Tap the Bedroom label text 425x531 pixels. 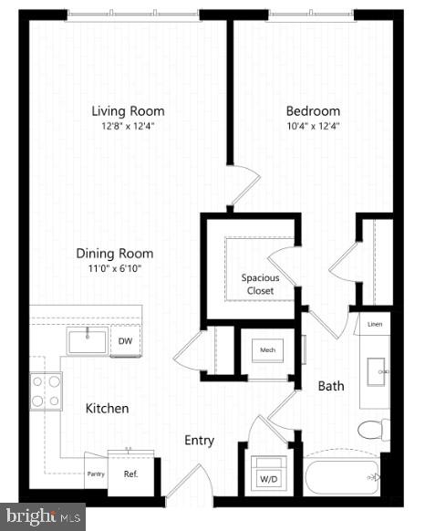click(x=313, y=111)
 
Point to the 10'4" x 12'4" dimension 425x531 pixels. click(x=313, y=127)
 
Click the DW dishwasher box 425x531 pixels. click(x=125, y=341)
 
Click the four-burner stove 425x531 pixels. click(x=47, y=390)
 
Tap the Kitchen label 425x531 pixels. click(x=108, y=409)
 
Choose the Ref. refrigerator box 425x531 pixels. click(x=130, y=474)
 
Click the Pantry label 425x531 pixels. click(x=95, y=474)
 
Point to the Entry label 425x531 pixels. click(x=199, y=441)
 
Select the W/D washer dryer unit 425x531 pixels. click(x=269, y=475)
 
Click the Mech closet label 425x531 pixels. click(x=267, y=349)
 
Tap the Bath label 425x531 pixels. click(x=330, y=386)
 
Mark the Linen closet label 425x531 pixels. click(x=374, y=324)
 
